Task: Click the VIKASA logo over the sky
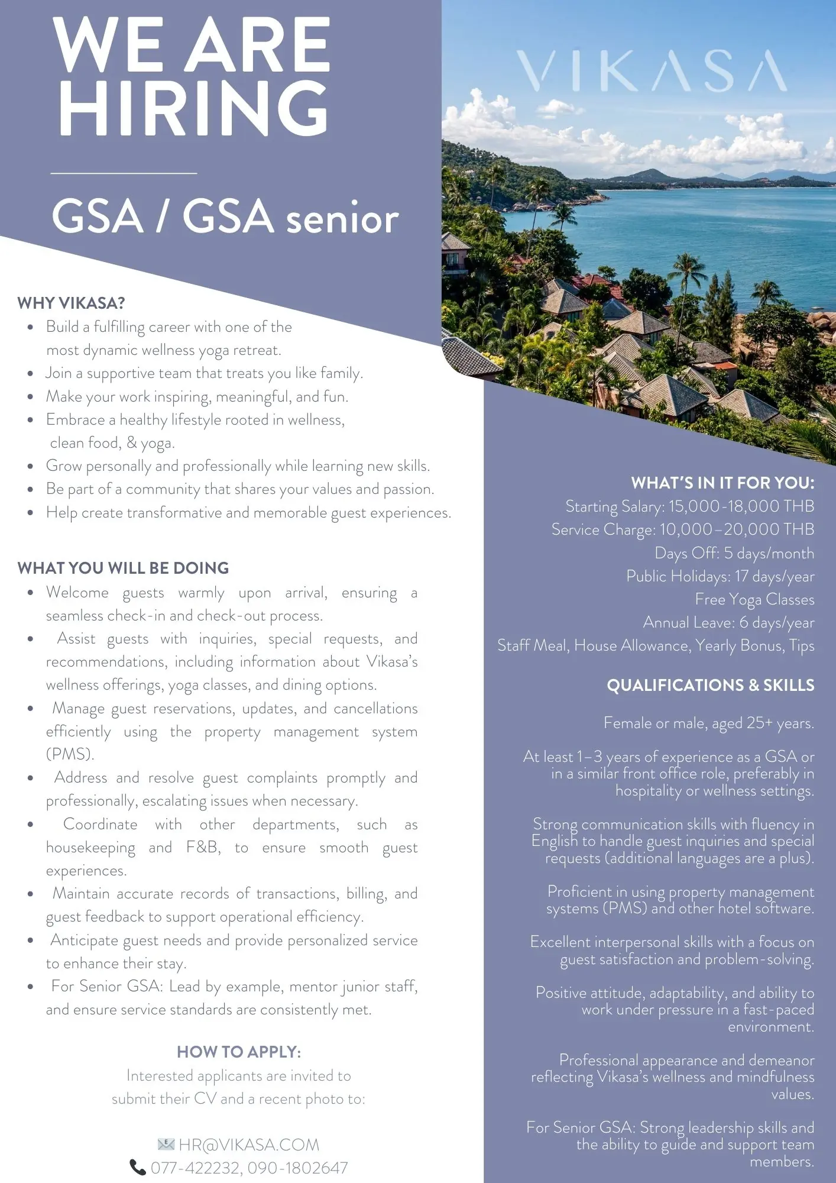coord(652,72)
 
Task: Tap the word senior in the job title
coord(342,219)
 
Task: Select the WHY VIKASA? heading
coord(71,303)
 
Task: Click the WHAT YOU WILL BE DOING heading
coord(123,568)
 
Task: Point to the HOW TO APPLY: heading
coord(239,1052)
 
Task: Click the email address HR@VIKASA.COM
coord(249,1145)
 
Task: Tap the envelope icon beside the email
coord(166,1145)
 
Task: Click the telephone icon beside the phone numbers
coord(137,1168)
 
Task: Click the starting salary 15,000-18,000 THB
coord(741,507)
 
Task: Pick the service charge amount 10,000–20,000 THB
coord(737,530)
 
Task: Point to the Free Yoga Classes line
coord(754,600)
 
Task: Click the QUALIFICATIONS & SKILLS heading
coord(710,686)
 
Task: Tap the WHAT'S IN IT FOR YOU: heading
coord(722,483)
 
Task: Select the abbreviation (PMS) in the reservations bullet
coord(70,755)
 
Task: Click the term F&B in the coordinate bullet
coord(203,848)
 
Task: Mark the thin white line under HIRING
coord(124,173)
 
